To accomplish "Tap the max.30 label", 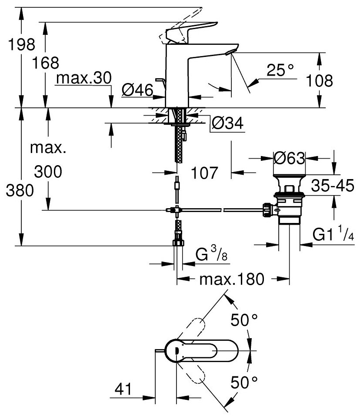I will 84,78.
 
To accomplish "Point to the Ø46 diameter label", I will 137,90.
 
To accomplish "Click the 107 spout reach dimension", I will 204,173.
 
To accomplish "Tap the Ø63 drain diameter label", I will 289,158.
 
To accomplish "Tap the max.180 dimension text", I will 232,279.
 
